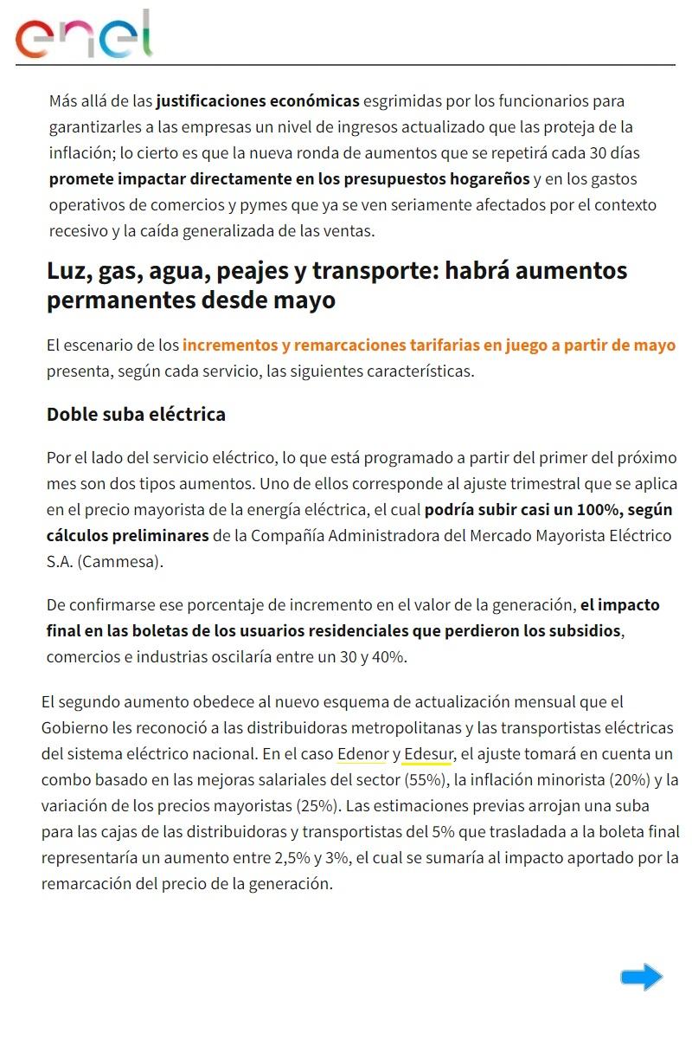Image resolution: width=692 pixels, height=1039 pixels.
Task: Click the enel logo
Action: pos(84,35)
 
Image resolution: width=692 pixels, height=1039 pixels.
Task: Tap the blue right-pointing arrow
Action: pos(641,978)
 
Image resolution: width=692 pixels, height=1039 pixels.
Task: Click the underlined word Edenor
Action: pos(362,753)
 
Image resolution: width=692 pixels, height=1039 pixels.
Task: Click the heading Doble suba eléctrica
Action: pos(136,414)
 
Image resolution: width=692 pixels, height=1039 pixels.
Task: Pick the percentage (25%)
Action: pos(317,805)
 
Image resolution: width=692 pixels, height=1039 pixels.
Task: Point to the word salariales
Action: pos(286,779)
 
